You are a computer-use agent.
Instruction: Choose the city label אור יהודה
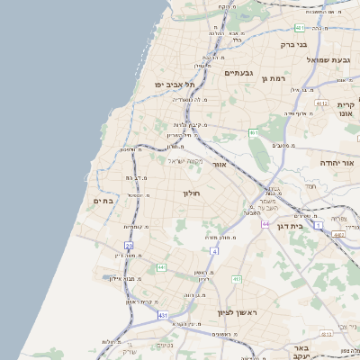coord(339,163)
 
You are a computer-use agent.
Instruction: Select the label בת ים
coord(104,201)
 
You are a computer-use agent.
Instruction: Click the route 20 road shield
coord(129,245)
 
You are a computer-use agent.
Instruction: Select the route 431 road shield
coord(163,315)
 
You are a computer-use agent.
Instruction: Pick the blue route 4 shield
coord(214,249)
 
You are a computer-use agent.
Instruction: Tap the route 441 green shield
coord(160,267)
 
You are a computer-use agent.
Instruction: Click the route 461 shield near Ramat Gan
coord(255,133)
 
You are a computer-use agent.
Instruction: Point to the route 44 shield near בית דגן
coord(265,222)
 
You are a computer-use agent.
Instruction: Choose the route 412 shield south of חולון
coord(236,279)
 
